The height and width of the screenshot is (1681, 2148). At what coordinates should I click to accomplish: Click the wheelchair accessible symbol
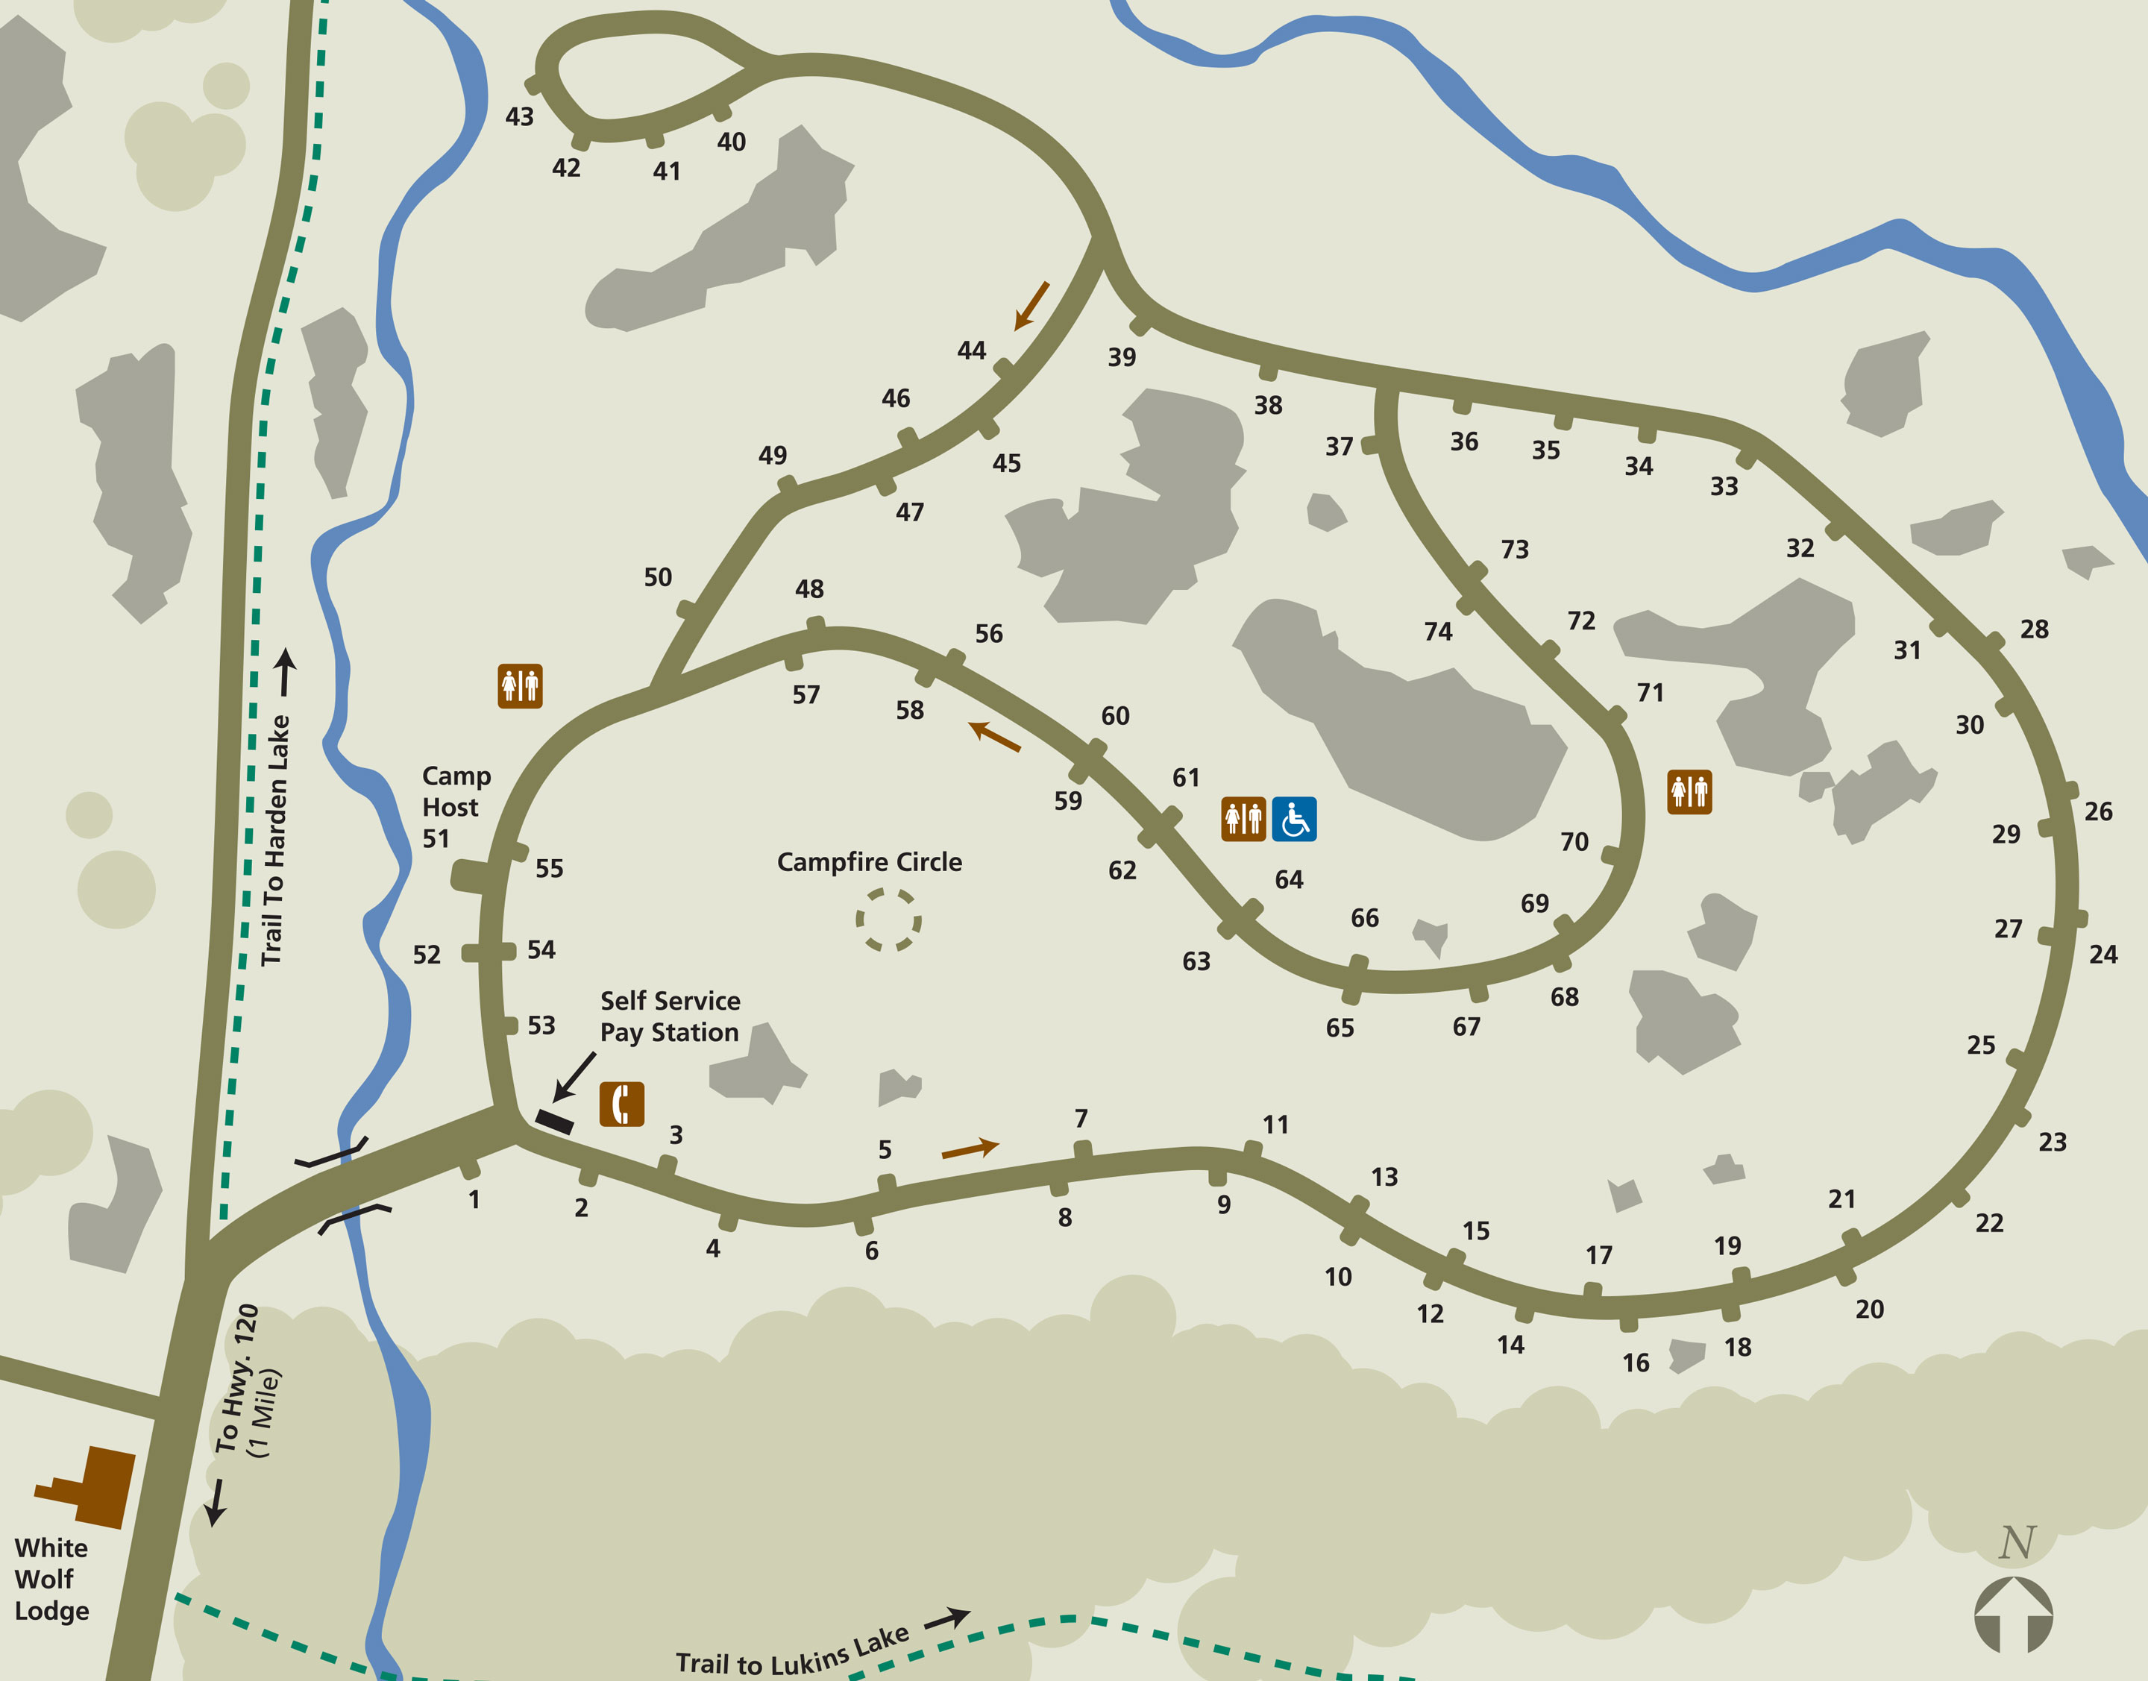click(x=1293, y=819)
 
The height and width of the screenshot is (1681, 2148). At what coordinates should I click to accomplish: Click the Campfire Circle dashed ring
click(x=888, y=920)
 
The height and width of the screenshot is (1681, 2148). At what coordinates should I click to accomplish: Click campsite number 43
click(x=519, y=117)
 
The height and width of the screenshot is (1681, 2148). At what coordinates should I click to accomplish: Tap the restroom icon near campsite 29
click(x=1689, y=791)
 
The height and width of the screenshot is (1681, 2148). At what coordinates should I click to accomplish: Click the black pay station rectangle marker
click(x=554, y=1121)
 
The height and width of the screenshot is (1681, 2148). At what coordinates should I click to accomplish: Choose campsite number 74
click(x=1437, y=631)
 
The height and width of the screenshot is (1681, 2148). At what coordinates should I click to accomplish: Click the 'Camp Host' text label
click(x=456, y=791)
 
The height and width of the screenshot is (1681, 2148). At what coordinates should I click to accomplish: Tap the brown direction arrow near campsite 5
click(x=970, y=1148)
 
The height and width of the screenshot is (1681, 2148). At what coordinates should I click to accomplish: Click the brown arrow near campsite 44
click(x=1031, y=305)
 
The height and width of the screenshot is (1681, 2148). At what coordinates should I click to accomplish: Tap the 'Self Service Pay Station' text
click(x=670, y=1016)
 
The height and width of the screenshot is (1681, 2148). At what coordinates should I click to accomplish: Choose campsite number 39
click(x=1121, y=357)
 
